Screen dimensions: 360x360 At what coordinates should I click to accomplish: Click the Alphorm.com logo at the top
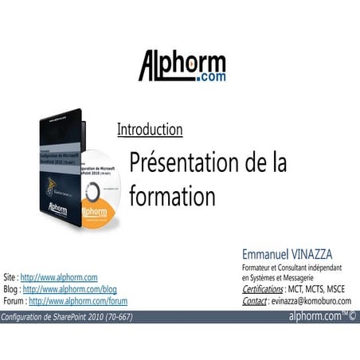[182, 66]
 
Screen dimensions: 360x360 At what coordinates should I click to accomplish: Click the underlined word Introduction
[150, 129]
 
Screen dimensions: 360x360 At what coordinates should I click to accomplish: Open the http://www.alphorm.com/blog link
[70, 289]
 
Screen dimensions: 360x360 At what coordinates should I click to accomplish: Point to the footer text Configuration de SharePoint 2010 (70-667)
[67, 317]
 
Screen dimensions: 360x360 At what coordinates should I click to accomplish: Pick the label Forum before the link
[14, 301]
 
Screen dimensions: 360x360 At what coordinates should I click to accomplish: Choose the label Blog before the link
[11, 289]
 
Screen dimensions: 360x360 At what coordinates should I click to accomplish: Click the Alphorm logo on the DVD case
[57, 209]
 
